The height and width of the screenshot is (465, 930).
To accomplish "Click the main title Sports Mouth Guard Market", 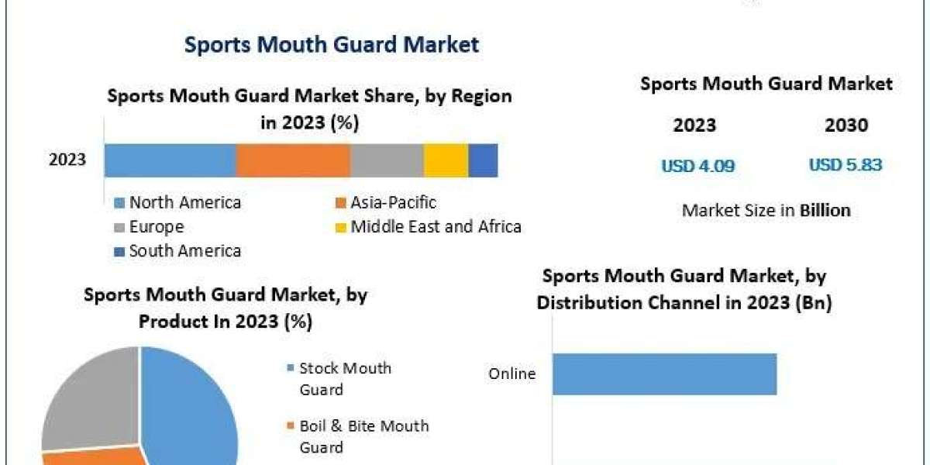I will (332, 44).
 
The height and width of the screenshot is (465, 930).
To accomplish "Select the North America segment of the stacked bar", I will (170, 160).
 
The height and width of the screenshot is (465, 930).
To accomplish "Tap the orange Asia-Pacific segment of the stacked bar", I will (293, 160).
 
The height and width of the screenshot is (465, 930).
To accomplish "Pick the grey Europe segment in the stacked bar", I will (387, 160).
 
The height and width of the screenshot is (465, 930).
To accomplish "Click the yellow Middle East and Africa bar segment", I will (446, 160).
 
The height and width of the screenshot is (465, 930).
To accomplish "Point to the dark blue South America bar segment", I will (483, 160).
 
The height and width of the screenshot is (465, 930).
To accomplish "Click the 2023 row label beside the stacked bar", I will (67, 160).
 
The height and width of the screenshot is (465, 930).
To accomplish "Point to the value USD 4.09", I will (697, 165).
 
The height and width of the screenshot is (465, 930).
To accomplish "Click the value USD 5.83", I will (846, 165).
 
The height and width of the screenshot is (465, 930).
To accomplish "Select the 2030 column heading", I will (846, 126).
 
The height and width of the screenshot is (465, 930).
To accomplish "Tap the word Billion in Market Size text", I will (825, 210).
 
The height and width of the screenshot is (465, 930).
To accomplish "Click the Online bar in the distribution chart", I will (664, 374).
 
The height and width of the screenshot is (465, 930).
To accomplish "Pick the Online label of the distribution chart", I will (511, 374).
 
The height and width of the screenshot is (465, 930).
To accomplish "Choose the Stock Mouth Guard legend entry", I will (345, 378).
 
